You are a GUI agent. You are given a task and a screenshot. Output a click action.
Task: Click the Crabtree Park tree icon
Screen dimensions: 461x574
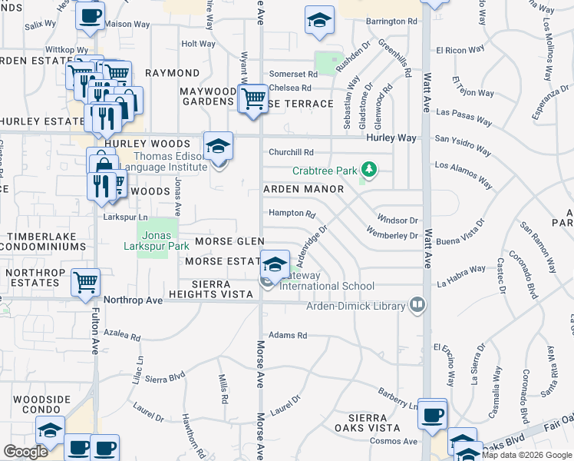click(369, 168)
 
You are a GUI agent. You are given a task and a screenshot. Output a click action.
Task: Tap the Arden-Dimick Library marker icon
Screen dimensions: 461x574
click(417, 305)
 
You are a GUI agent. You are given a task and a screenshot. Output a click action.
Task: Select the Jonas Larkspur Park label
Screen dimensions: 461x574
click(157, 247)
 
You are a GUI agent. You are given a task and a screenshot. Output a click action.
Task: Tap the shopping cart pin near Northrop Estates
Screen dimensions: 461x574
click(86, 282)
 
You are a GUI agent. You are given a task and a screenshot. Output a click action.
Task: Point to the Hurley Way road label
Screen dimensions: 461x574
click(391, 138)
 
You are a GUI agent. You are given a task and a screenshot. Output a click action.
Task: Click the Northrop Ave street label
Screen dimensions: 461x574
click(134, 300)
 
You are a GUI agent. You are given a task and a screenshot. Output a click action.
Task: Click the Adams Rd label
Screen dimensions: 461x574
click(288, 335)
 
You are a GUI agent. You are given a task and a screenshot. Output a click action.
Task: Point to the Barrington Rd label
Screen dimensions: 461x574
click(391, 22)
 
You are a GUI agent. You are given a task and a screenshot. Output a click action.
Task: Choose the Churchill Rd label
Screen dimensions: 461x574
click(291, 152)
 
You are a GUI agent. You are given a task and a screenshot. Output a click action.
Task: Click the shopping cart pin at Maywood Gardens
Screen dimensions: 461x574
click(253, 99)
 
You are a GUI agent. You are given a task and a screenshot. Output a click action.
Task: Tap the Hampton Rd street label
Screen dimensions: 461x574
click(292, 214)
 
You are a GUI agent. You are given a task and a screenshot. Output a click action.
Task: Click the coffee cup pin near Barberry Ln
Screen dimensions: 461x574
click(433, 414)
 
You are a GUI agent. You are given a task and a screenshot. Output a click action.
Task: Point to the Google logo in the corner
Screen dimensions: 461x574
click(25, 452)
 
